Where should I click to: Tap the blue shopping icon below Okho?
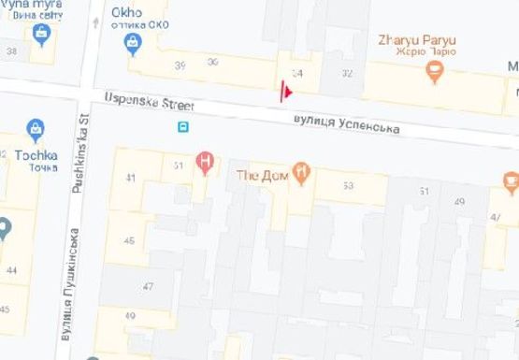tap(134, 43)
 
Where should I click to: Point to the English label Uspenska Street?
tap(139, 98)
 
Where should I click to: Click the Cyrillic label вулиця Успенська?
tap(346, 123)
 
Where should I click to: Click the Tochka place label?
tap(36, 154)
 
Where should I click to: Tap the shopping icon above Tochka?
tap(36, 129)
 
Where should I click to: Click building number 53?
tap(348, 186)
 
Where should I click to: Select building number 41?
tap(130, 178)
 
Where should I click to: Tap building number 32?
tap(347, 73)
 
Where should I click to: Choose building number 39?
tap(180, 64)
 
